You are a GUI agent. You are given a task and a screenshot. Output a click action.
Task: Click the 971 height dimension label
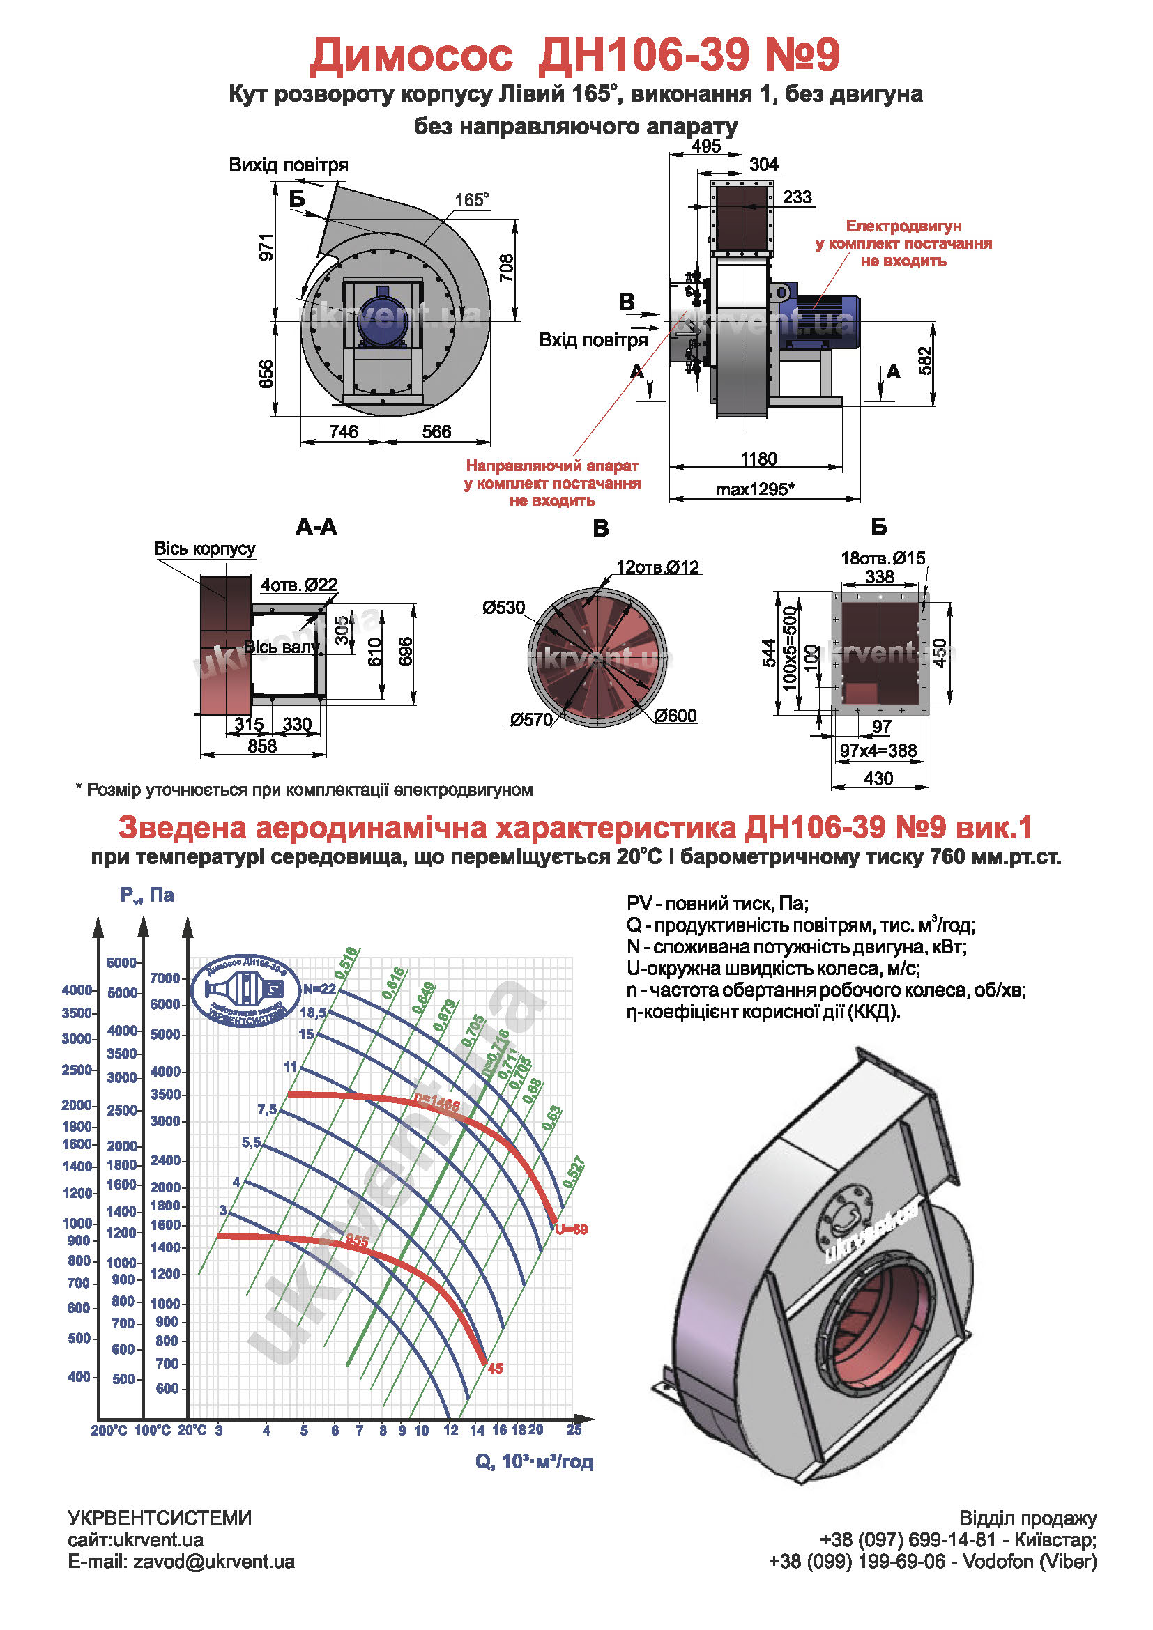tap(266, 247)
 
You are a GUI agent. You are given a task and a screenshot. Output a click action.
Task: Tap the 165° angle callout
tap(472, 200)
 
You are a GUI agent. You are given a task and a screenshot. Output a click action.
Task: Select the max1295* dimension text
tap(754, 489)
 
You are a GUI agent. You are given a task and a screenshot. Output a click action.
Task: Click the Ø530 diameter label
tap(503, 608)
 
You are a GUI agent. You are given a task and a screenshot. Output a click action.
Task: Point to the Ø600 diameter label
tap(675, 716)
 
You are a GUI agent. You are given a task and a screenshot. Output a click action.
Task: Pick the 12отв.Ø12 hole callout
tap(657, 567)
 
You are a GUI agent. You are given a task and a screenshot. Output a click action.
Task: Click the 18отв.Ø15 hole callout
tap(883, 558)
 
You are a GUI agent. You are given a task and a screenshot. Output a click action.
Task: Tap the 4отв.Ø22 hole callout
tap(299, 584)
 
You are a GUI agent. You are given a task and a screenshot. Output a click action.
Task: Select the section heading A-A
tap(316, 527)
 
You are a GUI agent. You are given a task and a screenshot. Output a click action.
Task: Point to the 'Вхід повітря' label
tap(593, 340)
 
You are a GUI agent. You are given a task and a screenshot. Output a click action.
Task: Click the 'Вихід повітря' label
tap(289, 165)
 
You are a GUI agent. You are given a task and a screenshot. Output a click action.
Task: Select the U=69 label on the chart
tap(572, 1229)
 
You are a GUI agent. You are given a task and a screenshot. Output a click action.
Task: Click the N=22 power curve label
tap(319, 989)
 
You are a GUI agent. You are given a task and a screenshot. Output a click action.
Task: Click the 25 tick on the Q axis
tap(574, 1430)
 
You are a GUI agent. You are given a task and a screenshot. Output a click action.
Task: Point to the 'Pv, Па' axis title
tap(147, 895)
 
